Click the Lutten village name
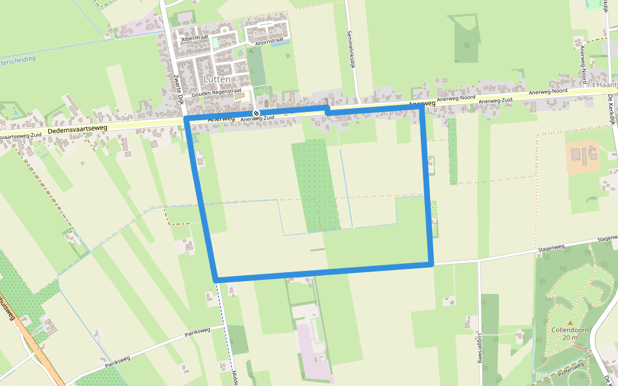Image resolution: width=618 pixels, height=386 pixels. click(217, 78)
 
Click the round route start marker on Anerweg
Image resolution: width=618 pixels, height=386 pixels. click(256, 114)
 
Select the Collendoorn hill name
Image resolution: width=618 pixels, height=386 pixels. click(570, 330)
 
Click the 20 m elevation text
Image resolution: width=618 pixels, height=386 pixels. click(570, 338)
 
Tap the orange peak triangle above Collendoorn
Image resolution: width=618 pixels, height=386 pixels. click(570, 323)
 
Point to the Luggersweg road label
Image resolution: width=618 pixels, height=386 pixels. click(480, 348)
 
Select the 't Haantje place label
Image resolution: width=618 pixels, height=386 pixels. click(605, 84)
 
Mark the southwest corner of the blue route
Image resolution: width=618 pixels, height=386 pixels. click(216, 279)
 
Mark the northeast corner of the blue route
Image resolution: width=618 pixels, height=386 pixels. click(422, 109)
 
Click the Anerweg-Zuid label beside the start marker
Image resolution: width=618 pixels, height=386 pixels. click(261, 118)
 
